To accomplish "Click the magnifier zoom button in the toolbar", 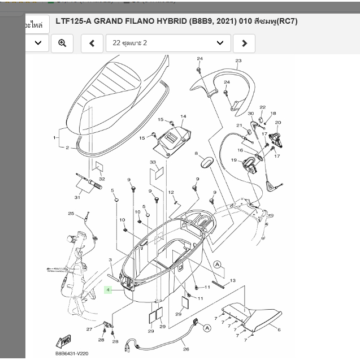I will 62,43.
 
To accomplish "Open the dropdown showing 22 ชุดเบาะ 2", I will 168,43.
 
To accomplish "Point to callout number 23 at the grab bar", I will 238,61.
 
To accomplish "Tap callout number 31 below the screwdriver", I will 77,197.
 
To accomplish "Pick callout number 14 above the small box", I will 183,117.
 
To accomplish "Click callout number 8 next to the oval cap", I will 196,154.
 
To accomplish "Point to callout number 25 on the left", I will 71,213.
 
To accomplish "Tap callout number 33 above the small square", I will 153,163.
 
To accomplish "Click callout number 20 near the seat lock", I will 277,123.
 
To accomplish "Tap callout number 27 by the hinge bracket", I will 89,329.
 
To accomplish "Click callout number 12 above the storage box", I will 171,193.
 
